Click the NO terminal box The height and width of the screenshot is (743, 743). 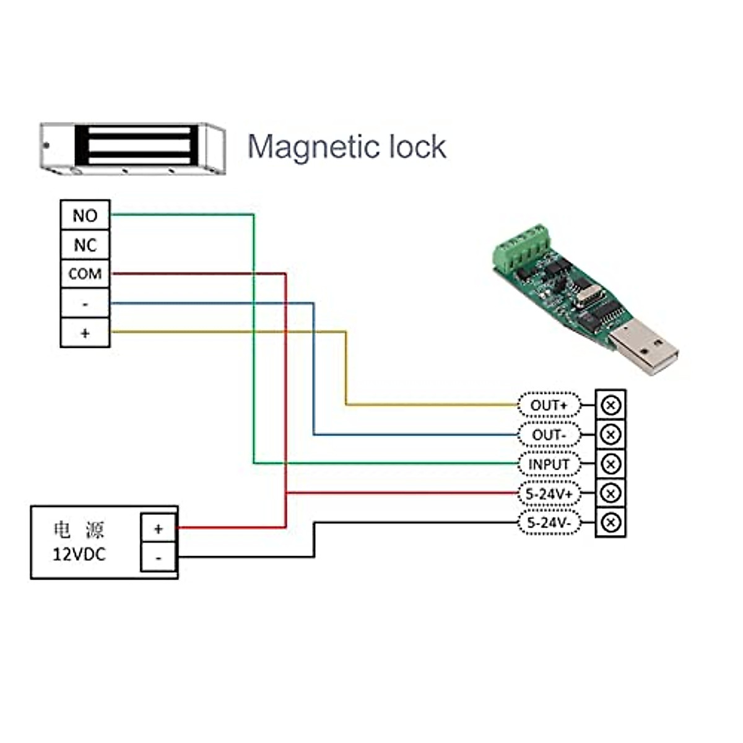[85, 215]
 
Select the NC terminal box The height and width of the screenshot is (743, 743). [85, 245]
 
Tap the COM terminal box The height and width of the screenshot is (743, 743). [85, 274]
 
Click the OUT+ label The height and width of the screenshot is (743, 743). [549, 406]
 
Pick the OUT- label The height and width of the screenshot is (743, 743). [549, 435]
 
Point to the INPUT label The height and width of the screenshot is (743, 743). [549, 464]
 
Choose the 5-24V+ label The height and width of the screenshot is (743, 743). [549, 493]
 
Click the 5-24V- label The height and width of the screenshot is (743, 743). [549, 523]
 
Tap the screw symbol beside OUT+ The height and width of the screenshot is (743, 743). [610, 406]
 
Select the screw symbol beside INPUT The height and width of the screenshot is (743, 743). [610, 464]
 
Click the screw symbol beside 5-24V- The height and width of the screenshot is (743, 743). [610, 523]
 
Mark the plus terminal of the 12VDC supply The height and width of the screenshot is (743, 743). [159, 528]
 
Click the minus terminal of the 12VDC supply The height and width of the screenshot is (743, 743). [159, 557]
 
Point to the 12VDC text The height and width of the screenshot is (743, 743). [79, 554]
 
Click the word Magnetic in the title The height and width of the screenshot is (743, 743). [313, 147]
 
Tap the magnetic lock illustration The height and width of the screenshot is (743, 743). [132, 147]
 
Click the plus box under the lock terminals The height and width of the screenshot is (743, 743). [85, 332]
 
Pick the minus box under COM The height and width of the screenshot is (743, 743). [85, 303]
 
